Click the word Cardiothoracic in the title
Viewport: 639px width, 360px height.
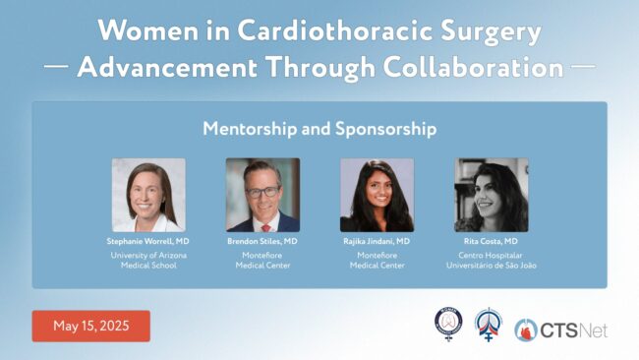pos(334,30)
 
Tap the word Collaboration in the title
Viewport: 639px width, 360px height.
pos(473,67)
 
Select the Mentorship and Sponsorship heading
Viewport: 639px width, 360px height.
pos(319,129)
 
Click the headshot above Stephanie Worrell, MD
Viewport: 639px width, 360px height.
pos(148,195)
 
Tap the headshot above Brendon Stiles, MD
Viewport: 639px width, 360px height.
pos(262,195)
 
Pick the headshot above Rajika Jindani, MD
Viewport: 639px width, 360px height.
pos(377,195)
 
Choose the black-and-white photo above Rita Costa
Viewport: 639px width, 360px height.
pos(492,195)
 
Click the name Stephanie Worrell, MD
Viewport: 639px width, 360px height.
pos(147,241)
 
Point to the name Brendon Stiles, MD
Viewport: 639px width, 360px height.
pos(262,241)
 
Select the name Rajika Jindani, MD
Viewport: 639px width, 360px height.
pos(377,241)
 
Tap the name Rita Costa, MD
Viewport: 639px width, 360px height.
pos(491,241)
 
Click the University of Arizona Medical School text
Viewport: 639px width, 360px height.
pos(148,260)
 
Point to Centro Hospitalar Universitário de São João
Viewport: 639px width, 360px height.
pos(492,260)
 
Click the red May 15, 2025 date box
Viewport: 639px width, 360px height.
pos(91,327)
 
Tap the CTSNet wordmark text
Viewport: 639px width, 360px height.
pos(574,330)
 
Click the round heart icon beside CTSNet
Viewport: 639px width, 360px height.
pos(526,330)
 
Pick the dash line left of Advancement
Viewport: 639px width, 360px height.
pos(56,66)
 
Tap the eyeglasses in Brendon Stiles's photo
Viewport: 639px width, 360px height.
pos(262,192)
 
